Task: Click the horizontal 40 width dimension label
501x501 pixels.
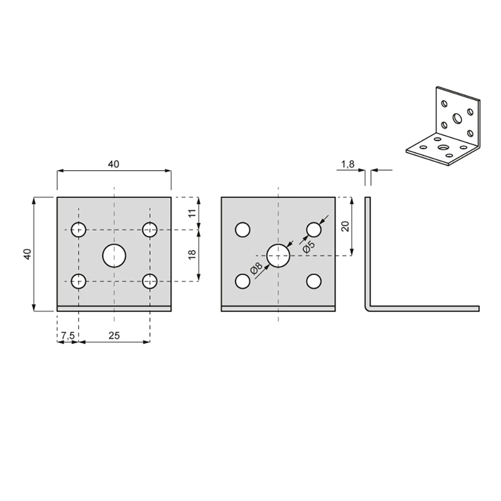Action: [113, 164]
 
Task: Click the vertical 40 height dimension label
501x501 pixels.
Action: [28, 254]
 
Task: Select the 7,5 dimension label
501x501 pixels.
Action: [68, 336]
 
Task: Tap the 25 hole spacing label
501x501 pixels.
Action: [114, 336]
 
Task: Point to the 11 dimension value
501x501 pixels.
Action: [192, 213]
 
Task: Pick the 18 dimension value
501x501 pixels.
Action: [192, 255]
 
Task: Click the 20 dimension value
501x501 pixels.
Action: [345, 226]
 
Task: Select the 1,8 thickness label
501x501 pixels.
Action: [348, 164]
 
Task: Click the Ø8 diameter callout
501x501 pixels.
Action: [256, 269]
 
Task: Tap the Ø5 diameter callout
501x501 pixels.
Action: [309, 247]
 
